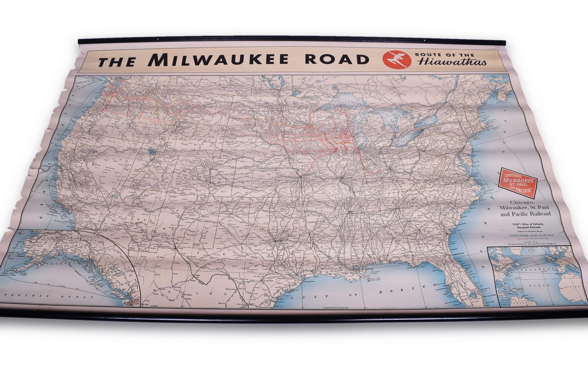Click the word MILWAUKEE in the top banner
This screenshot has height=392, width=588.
coord(218,59)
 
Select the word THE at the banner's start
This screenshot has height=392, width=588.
coord(117,61)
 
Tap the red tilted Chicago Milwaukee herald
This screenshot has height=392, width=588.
coord(518,183)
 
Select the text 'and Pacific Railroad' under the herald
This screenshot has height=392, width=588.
coord(526,214)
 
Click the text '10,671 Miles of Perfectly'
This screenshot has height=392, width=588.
coord(526,224)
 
